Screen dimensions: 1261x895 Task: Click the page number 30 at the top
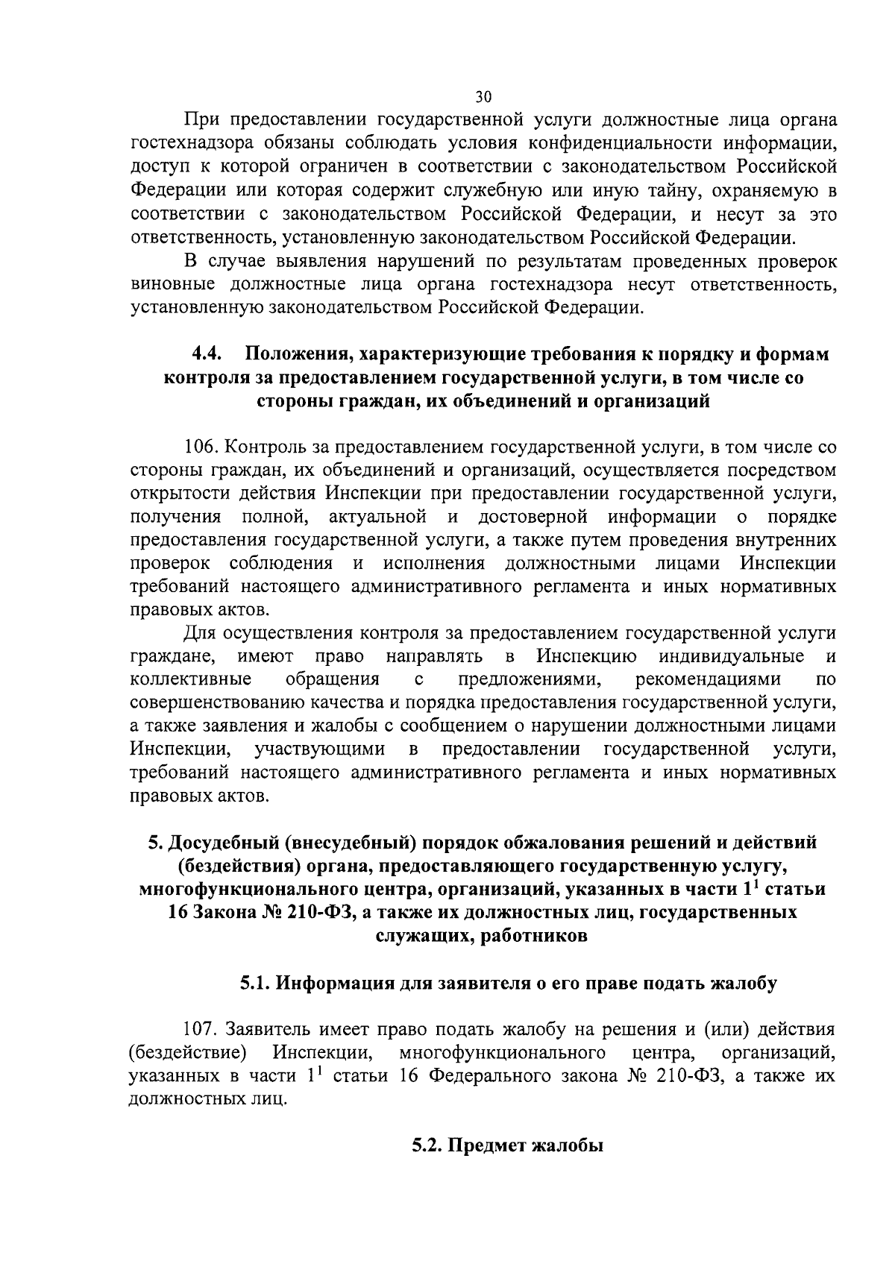click(x=483, y=97)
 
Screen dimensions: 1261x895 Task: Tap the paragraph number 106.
click(x=202, y=447)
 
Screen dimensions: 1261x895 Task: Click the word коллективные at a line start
click(x=191, y=679)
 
